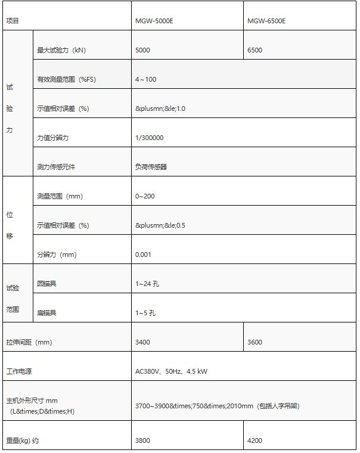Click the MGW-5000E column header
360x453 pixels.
click(154, 21)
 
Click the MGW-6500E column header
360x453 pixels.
click(266, 21)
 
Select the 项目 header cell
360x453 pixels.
click(13, 21)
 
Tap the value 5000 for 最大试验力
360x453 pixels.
click(143, 50)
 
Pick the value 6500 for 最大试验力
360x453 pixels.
click(255, 50)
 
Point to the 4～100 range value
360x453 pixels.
click(146, 79)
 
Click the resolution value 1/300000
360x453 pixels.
click(150, 138)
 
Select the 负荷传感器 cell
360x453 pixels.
click(151, 167)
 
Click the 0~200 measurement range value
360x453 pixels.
click(145, 196)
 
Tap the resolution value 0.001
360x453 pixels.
click(144, 255)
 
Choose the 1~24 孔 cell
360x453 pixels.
click(147, 284)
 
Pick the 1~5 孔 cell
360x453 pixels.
click(145, 313)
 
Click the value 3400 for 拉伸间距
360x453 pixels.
click(143, 342)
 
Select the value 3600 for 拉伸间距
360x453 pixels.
click(255, 342)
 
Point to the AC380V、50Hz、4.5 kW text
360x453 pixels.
click(172, 371)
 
